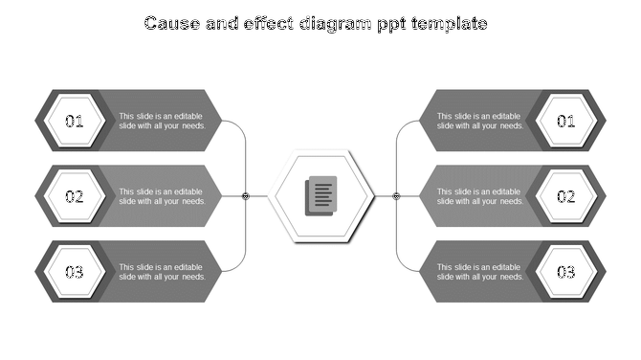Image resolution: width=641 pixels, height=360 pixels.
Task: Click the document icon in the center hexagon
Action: tap(320, 196)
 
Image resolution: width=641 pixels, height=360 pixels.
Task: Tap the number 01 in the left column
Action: tap(75, 122)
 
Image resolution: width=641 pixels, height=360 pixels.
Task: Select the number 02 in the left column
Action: tap(75, 196)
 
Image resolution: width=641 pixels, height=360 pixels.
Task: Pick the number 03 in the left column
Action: tap(75, 272)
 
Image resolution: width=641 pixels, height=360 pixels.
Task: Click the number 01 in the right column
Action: tap(566, 122)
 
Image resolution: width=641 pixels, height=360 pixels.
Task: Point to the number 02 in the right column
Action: tap(566, 196)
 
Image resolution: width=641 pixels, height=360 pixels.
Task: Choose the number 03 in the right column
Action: tap(566, 272)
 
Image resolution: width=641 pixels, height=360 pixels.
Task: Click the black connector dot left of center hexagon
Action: tap(246, 196)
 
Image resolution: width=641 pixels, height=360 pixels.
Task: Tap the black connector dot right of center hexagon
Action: tap(396, 196)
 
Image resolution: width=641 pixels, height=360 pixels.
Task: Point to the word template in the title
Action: tap(450, 23)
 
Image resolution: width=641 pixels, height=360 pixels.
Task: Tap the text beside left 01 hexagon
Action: tap(162, 122)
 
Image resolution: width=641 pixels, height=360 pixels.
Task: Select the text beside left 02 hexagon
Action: tap(162, 196)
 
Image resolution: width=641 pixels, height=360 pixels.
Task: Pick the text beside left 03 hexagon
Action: tap(162, 272)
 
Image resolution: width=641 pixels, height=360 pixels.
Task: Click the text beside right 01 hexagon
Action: tap(480, 122)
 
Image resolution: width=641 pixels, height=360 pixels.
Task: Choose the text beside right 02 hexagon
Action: tap(480, 196)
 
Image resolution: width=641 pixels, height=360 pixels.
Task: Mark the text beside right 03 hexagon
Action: tap(480, 272)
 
